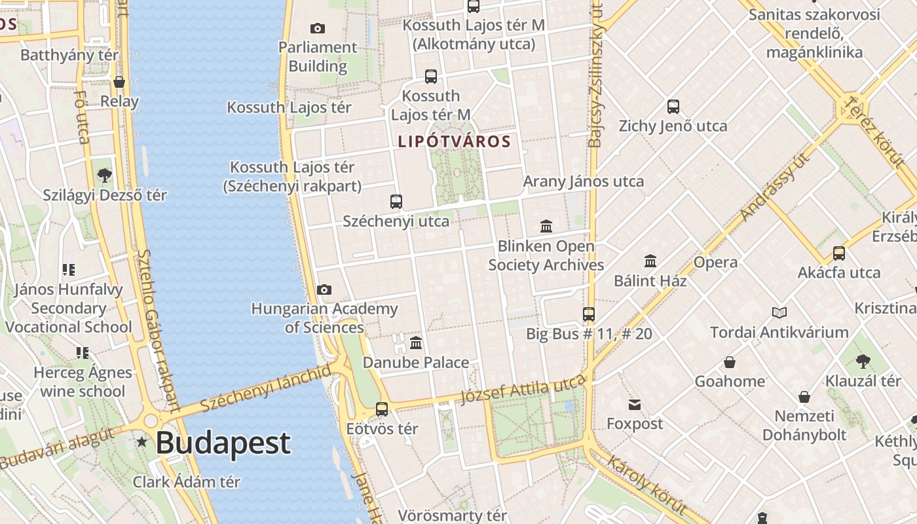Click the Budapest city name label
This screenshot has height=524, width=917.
223,443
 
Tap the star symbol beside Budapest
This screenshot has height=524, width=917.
142,443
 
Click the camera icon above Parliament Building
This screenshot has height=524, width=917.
318,28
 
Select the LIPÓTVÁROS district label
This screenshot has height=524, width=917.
454,141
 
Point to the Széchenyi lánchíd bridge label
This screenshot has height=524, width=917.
266,388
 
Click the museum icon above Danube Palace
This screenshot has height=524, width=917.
416,343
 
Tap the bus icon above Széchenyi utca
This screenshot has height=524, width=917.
396,201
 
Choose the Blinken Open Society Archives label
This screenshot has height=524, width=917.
546,255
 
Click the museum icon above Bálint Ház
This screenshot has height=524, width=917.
650,261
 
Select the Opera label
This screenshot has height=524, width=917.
715,263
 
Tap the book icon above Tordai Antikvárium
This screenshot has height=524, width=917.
779,312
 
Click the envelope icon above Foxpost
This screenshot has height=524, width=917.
635,404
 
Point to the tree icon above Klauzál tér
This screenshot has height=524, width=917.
863,361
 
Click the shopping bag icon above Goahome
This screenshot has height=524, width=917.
730,362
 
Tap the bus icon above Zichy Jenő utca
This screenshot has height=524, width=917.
673,106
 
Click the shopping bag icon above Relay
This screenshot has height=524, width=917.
119,82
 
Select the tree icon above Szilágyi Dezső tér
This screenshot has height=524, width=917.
104,175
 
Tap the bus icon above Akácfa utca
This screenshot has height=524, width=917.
839,253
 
